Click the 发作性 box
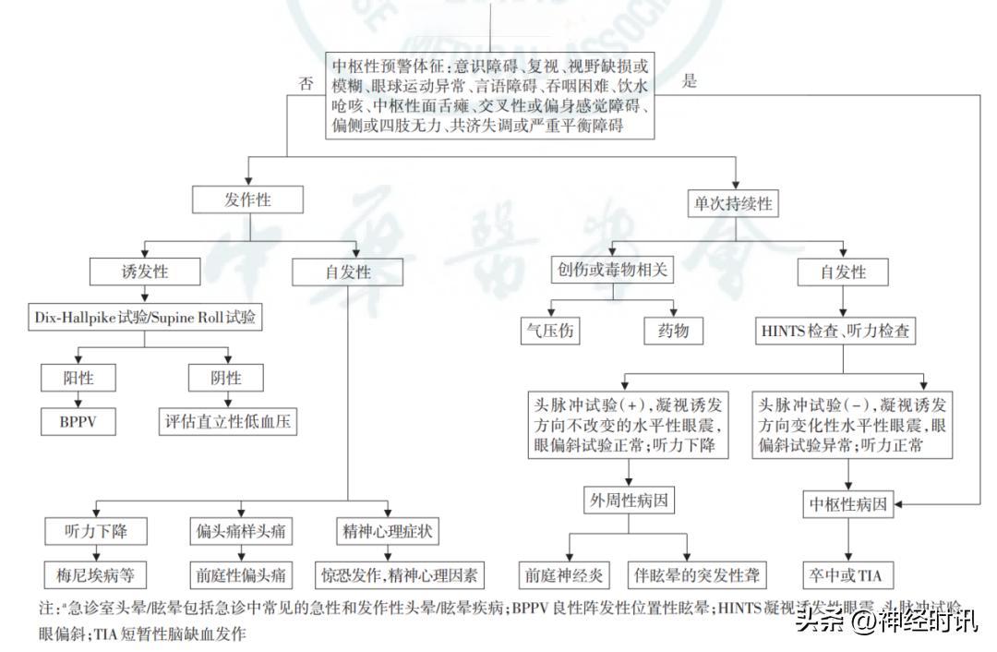tap(247, 200)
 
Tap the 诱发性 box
tap(145, 272)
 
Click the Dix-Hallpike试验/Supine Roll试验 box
tap(145, 319)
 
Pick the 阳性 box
tap(78, 378)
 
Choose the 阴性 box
tap(226, 378)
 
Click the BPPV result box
tap(78, 422)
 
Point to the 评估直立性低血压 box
tap(231, 422)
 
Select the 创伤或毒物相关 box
tap(610, 272)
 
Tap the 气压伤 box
tap(552, 332)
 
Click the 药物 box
tap(673, 332)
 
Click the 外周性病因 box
tap(628, 501)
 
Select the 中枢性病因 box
tap(848, 505)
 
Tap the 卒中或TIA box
tap(848, 575)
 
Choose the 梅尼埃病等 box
tap(95, 575)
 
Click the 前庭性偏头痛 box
tap(241, 575)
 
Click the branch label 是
tap(689, 81)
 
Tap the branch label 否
tap(306, 83)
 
